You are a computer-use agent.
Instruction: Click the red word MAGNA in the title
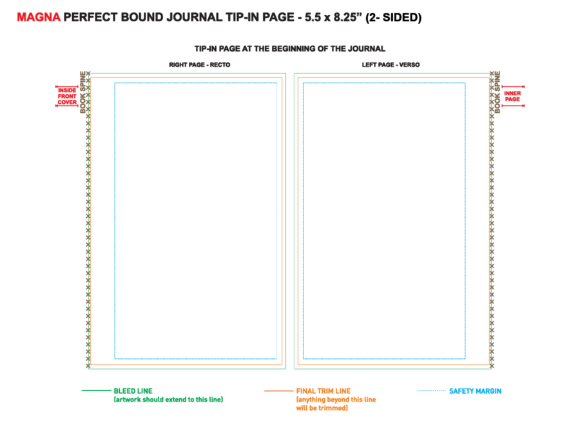39,17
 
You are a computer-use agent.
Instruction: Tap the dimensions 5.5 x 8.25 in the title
333,17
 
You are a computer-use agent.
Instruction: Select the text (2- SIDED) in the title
394,18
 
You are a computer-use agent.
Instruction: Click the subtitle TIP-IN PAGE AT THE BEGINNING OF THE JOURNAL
290,49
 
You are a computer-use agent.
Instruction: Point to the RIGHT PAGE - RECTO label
199,64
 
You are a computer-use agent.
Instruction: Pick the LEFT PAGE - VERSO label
391,64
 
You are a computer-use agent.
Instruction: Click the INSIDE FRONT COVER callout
67,96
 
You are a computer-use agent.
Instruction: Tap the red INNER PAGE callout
512,96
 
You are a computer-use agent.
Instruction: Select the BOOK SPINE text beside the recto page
83,92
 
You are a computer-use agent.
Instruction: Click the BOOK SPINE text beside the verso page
497,92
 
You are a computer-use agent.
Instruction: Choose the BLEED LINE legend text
133,391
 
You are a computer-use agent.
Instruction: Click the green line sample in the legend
96,391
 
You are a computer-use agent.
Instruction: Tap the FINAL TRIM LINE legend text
324,391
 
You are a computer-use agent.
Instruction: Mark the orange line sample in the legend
278,391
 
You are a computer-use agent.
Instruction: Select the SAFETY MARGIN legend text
476,391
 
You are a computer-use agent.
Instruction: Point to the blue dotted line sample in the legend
432,391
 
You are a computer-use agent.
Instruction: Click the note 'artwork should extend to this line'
168,400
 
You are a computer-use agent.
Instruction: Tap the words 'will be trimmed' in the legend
322,408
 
